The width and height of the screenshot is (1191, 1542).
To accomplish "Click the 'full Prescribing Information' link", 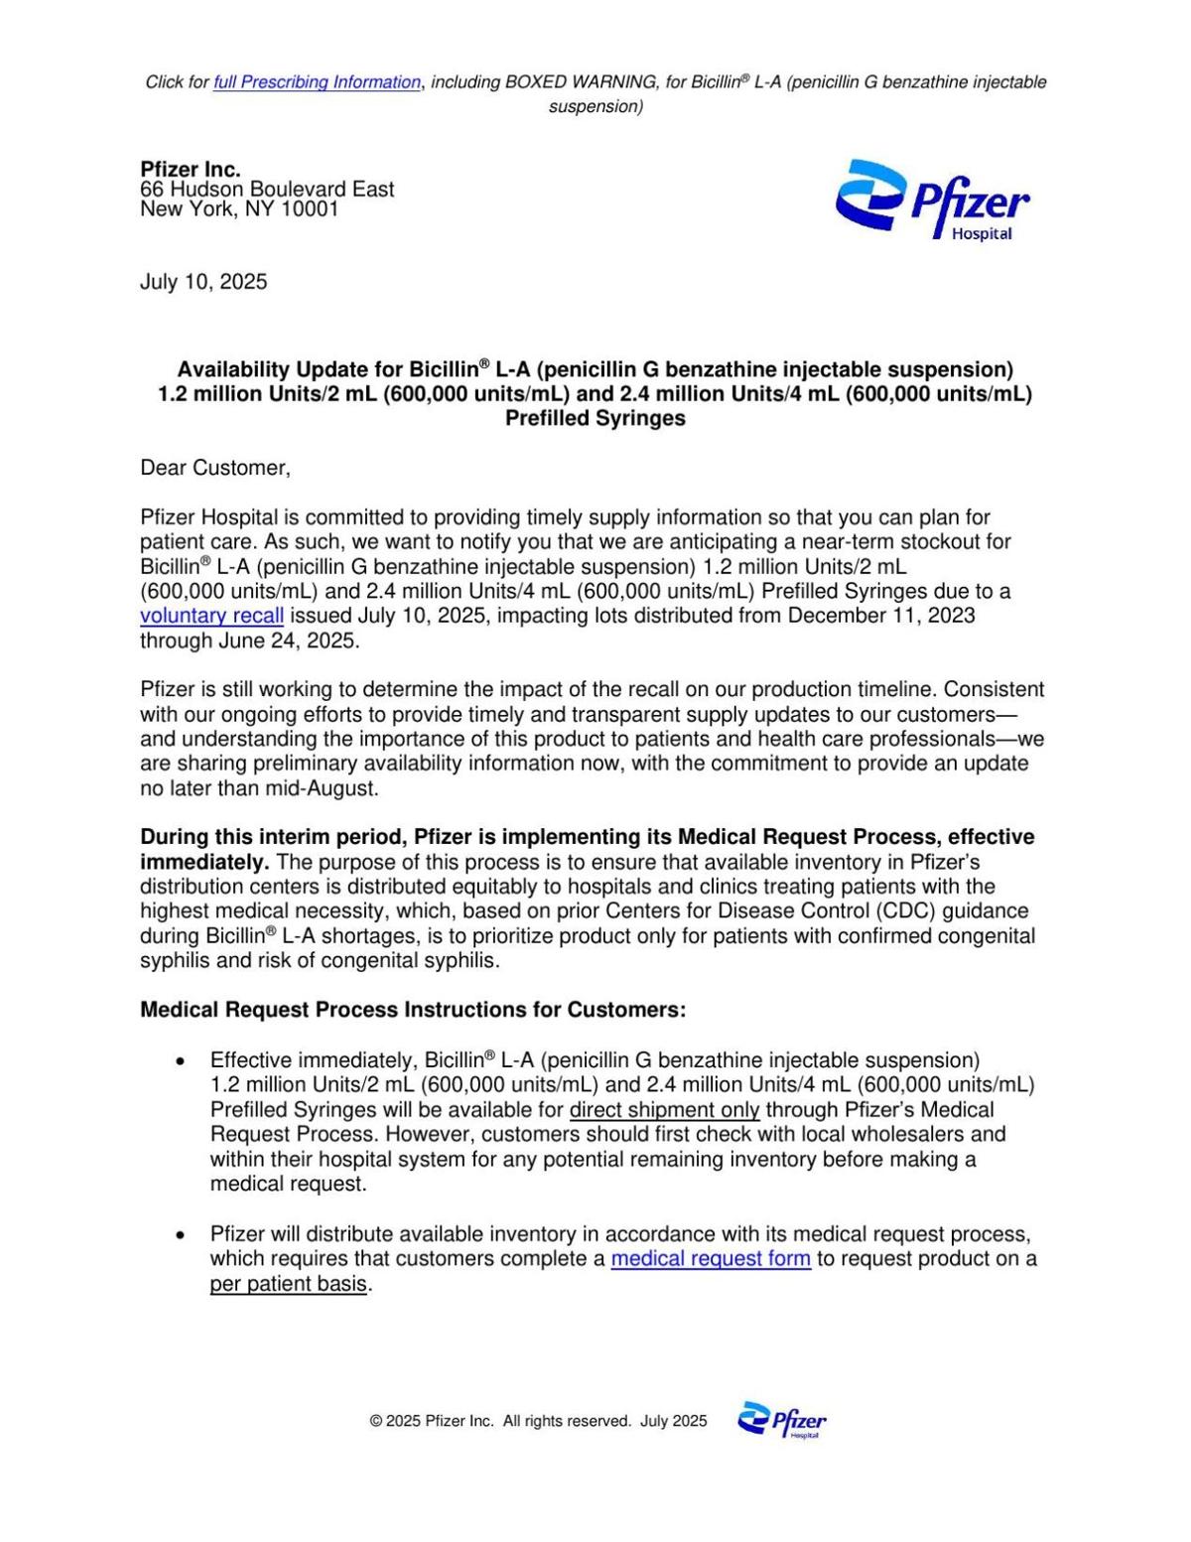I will [x=317, y=82].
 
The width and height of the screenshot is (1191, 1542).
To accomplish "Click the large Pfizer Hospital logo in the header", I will [x=932, y=201].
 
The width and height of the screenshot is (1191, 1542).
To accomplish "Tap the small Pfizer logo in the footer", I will [x=782, y=1421].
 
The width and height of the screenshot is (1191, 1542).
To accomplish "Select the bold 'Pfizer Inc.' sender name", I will [x=191, y=169].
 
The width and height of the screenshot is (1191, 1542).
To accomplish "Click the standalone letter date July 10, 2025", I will [x=203, y=282].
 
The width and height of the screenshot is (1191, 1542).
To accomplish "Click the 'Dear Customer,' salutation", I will [x=215, y=468].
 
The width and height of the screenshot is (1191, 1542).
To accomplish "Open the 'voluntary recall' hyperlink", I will [x=211, y=616].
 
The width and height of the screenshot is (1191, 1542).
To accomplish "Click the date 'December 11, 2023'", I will [x=881, y=616].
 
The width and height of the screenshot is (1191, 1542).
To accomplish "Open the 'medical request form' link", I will [x=711, y=1259].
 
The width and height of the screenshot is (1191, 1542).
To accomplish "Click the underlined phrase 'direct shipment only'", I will [x=664, y=1110].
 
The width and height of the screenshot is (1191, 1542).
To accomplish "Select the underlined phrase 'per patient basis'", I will [x=288, y=1284].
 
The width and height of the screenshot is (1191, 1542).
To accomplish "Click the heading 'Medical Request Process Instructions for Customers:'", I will [x=413, y=1010].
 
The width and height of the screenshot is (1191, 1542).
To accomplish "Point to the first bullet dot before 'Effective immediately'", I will [x=180, y=1061].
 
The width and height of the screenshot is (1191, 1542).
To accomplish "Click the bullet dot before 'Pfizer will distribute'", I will [x=180, y=1235].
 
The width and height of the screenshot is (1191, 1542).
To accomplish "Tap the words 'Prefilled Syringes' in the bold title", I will [x=595, y=418].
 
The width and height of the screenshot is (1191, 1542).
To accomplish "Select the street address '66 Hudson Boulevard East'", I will [x=267, y=190].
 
